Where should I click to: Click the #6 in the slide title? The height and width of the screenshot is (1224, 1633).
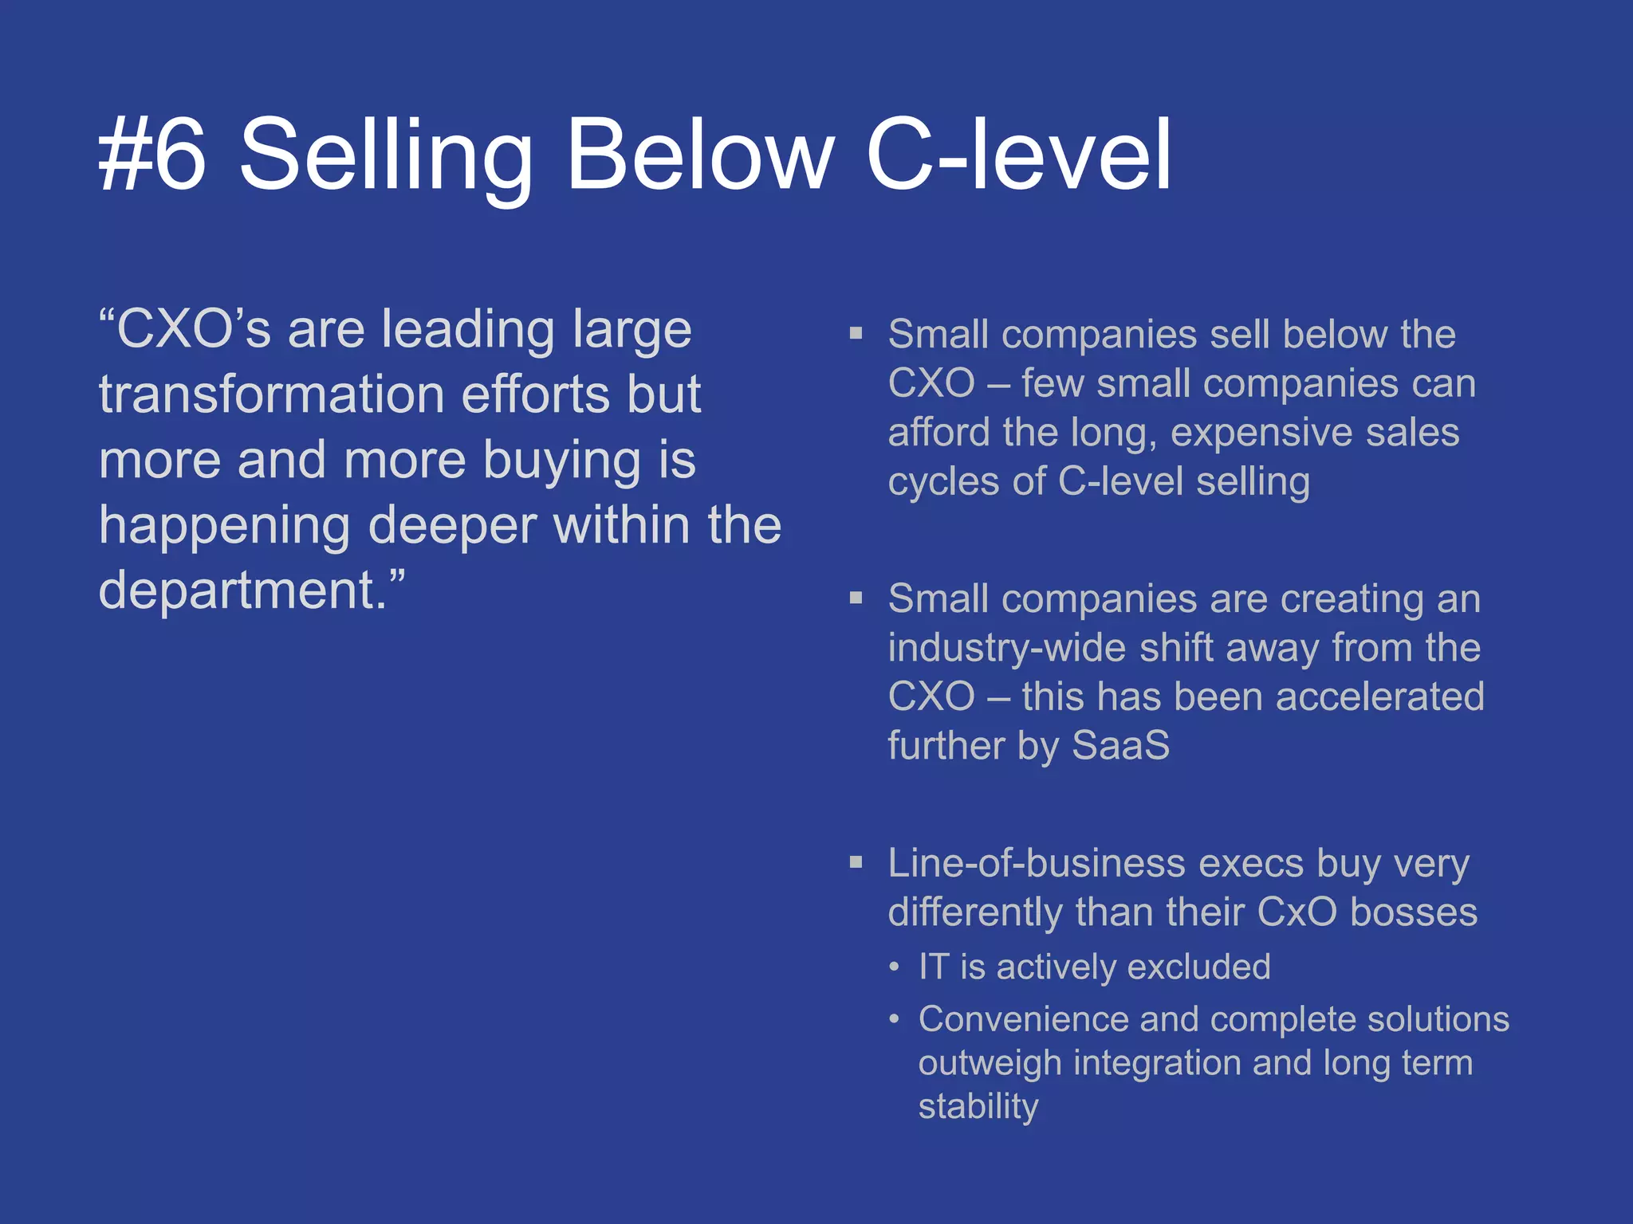(x=152, y=153)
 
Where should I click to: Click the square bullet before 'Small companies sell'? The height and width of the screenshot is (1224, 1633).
(x=856, y=333)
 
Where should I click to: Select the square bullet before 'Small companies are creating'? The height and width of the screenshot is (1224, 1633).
(x=856, y=598)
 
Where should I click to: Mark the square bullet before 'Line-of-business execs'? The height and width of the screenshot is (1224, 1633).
(x=856, y=861)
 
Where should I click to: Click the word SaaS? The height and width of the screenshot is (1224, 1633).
(x=1120, y=746)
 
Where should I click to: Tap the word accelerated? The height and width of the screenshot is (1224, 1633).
(x=1379, y=696)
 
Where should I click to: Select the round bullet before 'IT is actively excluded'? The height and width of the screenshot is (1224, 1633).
(x=895, y=967)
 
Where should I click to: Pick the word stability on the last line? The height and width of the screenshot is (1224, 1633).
(x=978, y=1107)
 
